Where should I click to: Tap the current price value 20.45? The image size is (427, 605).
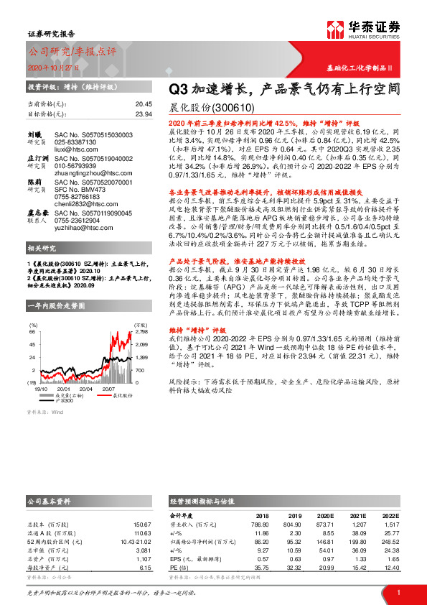(x=144, y=103)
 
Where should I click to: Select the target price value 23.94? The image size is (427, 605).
(x=144, y=114)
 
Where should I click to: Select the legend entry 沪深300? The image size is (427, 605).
(x=65, y=400)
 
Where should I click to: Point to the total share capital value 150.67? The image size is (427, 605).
(x=142, y=525)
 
